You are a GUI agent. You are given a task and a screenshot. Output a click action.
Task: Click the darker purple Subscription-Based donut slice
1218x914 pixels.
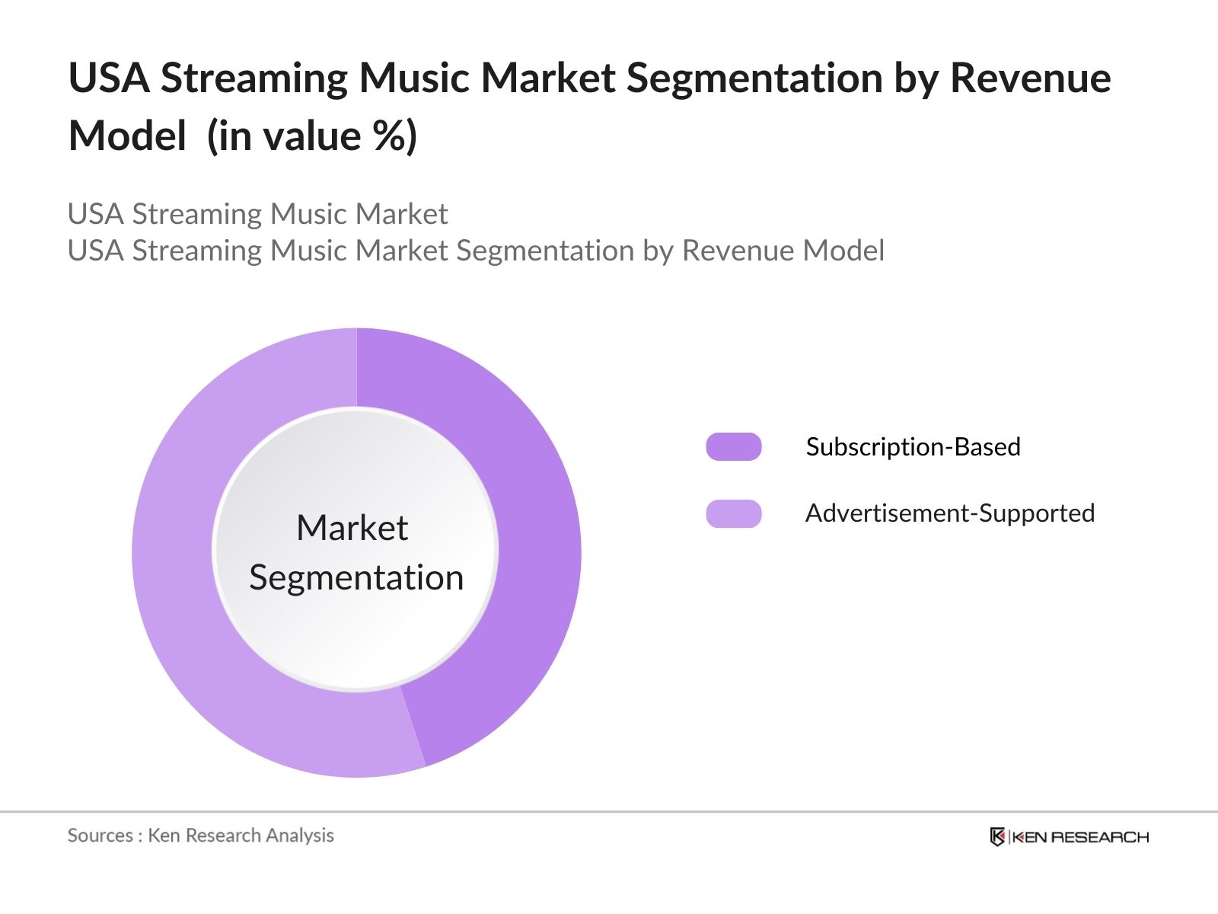click(x=533, y=533)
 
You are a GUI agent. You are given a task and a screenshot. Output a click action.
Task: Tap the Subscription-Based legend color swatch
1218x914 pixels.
click(x=733, y=447)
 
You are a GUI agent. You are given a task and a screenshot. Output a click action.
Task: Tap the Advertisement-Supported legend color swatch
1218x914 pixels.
click(x=733, y=514)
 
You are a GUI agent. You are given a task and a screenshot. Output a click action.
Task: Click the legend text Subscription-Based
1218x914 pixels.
click(x=913, y=447)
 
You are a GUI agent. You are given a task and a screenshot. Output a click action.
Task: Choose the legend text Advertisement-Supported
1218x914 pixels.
click(x=949, y=513)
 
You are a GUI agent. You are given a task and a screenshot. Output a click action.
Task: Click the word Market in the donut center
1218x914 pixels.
click(x=352, y=528)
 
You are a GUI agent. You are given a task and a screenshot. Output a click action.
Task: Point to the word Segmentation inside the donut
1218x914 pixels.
click(x=356, y=577)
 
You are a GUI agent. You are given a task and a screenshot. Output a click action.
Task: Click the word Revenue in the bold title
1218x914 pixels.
click(x=1030, y=78)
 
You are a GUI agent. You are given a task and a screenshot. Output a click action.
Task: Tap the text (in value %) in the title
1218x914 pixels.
click(x=312, y=137)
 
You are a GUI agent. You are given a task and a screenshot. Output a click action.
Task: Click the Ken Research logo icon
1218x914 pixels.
click(x=997, y=837)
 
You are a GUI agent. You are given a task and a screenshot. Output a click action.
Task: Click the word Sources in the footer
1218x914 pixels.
click(x=100, y=836)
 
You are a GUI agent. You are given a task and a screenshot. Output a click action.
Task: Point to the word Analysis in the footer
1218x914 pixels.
click(x=300, y=836)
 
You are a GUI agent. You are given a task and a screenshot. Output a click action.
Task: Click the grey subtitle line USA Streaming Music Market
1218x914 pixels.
click(x=257, y=214)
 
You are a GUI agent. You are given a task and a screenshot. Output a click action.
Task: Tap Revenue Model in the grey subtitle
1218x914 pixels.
click(x=783, y=251)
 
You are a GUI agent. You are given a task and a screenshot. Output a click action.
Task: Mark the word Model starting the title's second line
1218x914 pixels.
click(x=127, y=137)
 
